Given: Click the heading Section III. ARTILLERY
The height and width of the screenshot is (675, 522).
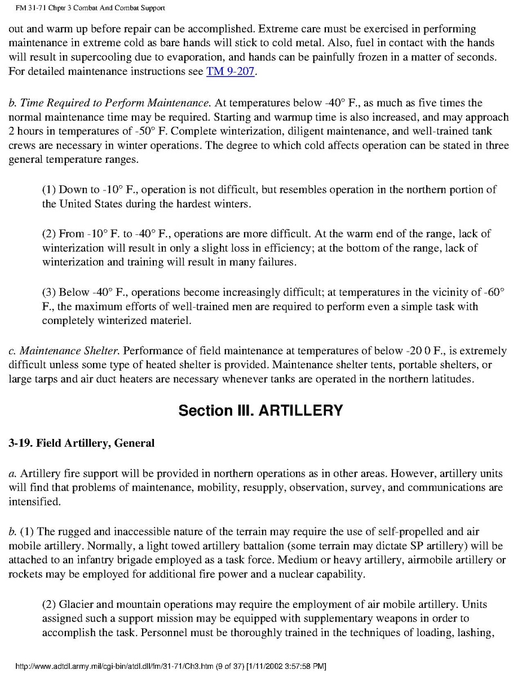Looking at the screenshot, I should (260, 411).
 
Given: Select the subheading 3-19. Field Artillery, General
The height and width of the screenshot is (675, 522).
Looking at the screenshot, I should (81, 443).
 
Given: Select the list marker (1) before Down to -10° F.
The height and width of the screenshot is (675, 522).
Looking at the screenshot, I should (49, 189).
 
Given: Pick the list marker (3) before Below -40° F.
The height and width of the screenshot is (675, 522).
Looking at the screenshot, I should (49, 292).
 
